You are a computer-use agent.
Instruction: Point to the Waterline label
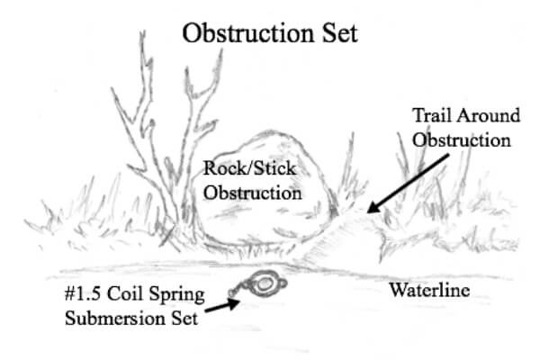[430, 290]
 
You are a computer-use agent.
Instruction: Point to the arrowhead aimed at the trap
[235, 301]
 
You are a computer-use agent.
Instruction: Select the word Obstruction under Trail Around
[461, 140]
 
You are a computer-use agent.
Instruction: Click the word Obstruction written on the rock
[252, 192]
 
